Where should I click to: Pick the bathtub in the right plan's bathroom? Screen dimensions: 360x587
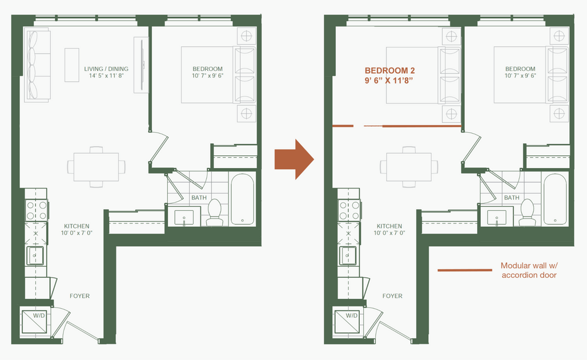554,199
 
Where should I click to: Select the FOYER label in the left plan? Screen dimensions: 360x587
79,296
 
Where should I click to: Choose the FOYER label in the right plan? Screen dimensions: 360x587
392,296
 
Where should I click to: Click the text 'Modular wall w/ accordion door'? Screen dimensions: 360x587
528,270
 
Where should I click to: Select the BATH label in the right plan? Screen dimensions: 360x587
512,198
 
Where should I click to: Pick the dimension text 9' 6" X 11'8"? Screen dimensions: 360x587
389,80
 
